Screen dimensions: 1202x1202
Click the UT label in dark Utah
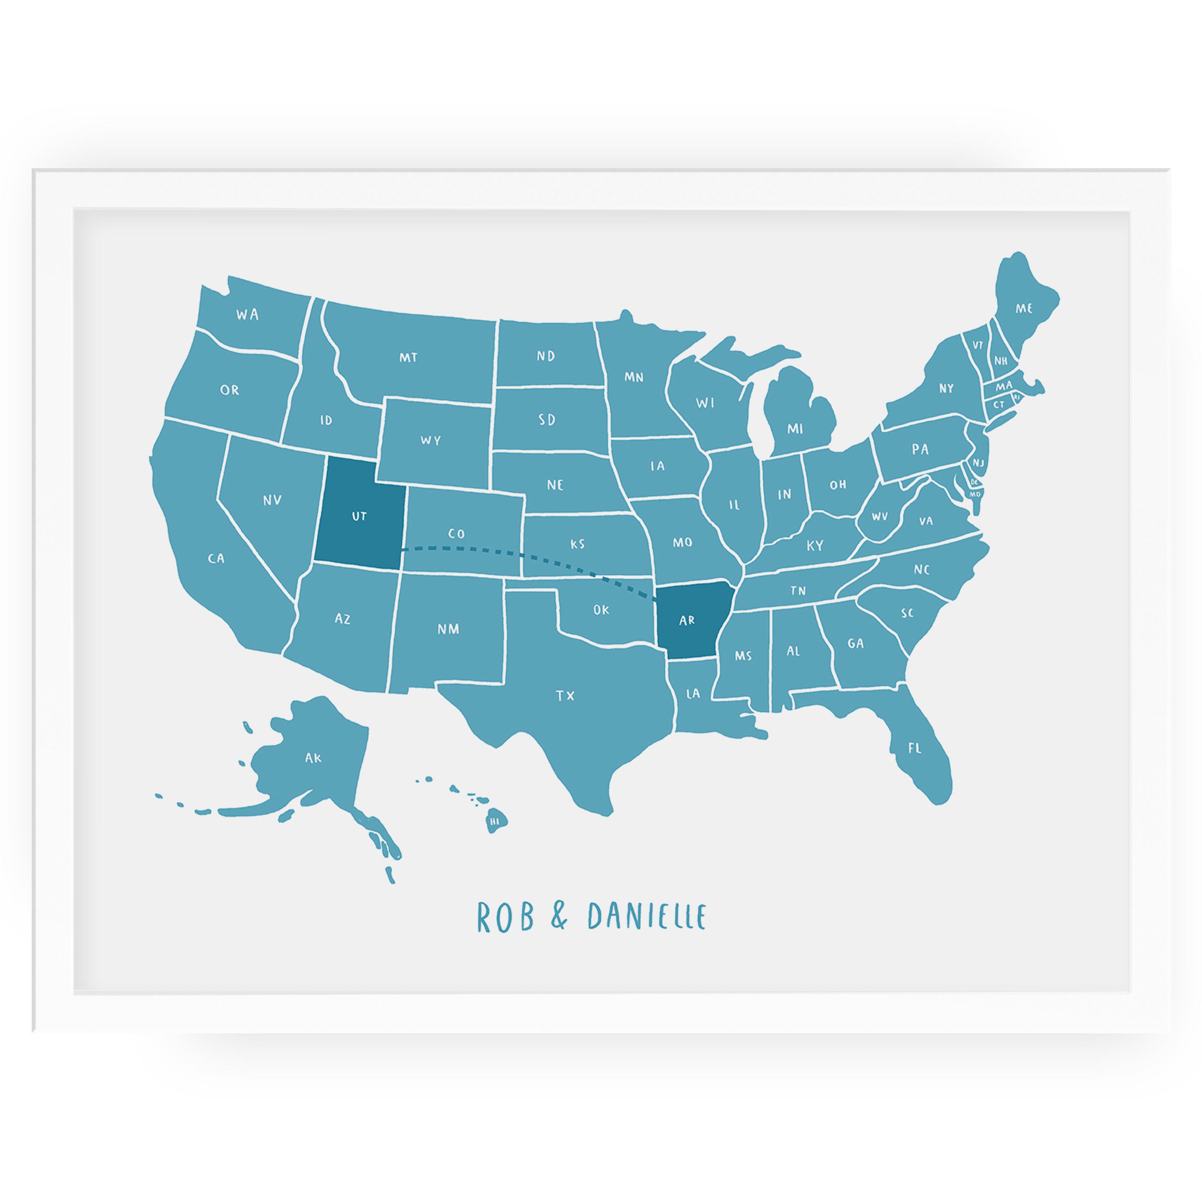point(359,516)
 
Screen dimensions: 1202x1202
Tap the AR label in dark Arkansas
point(687,620)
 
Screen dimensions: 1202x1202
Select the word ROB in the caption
point(505,917)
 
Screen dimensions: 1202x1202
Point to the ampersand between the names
point(559,916)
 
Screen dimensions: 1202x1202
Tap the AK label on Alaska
point(313,758)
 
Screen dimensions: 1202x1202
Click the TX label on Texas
point(565,696)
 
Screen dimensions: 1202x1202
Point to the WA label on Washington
point(247,315)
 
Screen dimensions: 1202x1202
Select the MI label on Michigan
point(795,429)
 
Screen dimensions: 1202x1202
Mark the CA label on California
point(216,559)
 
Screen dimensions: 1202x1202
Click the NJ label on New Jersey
point(978,463)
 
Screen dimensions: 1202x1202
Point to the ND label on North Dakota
point(546,356)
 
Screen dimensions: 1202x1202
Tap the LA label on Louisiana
point(693,693)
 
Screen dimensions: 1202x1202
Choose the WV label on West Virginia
point(879,516)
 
